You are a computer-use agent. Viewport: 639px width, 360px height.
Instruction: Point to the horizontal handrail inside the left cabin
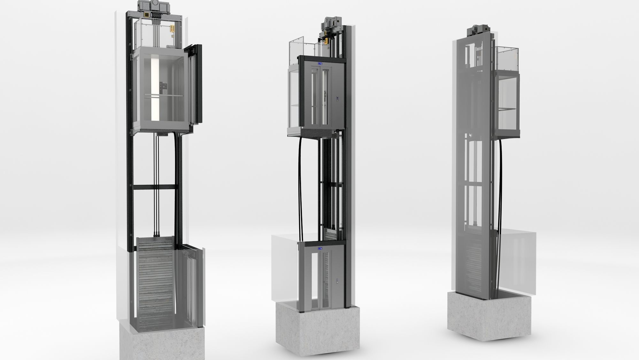163,96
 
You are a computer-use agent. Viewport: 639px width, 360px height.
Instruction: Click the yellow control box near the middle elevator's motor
327,41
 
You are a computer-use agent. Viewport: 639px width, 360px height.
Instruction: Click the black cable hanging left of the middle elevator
301,192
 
